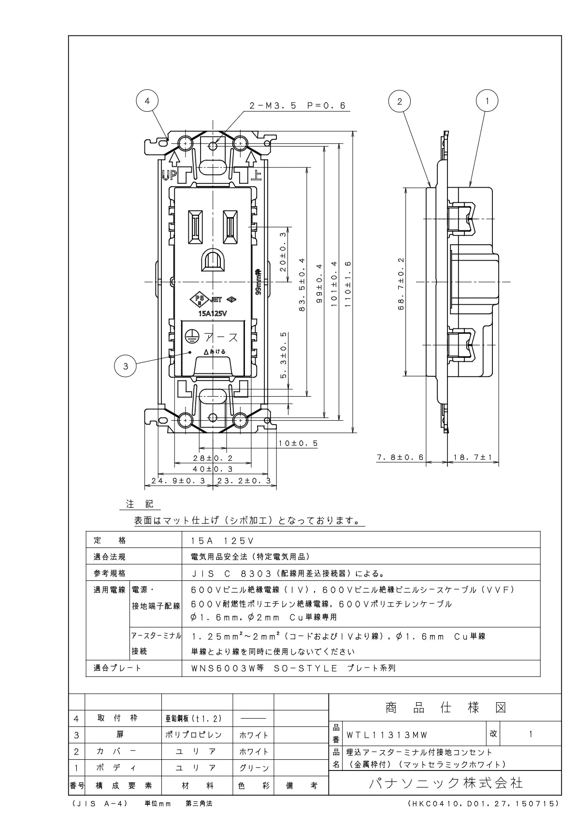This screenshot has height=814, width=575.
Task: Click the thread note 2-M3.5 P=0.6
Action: click(298, 106)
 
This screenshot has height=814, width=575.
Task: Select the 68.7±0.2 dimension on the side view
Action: click(401, 283)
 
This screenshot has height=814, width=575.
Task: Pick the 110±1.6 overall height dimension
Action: click(348, 284)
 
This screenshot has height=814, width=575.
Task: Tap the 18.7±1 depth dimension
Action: click(473, 457)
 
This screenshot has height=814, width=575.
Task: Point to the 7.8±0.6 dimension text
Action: click(400, 457)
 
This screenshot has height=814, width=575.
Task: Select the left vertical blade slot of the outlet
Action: click(195, 227)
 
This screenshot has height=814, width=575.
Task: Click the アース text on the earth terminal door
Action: click(221, 337)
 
